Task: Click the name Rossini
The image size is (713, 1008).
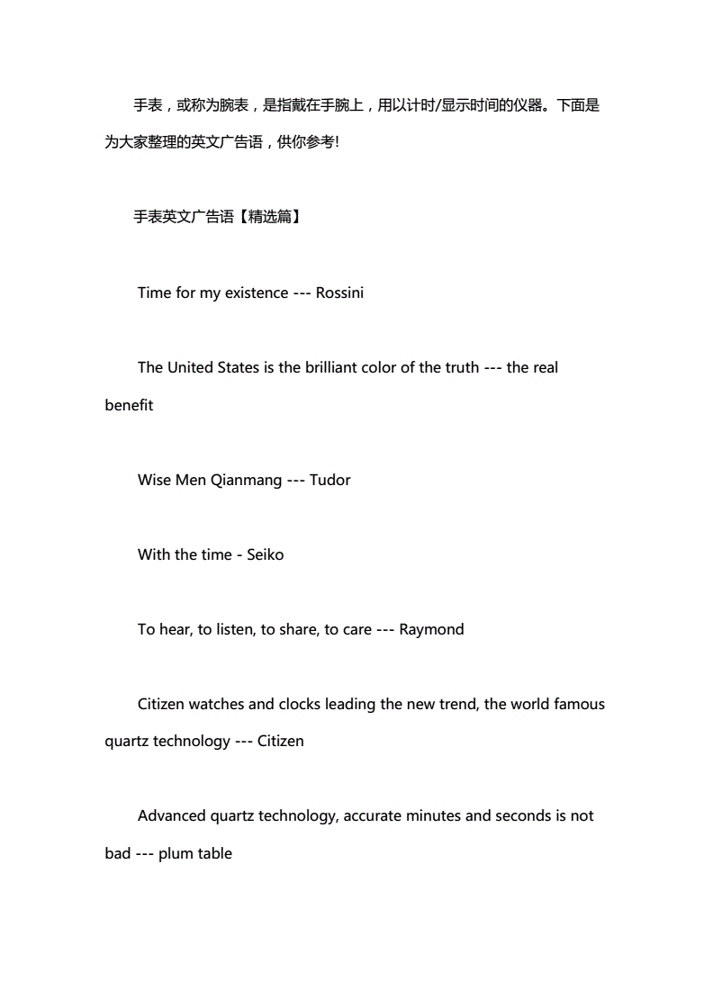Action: point(339,293)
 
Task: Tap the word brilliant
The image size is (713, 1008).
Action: point(340,368)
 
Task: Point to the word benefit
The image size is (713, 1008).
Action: point(129,405)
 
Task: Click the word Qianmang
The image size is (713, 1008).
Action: point(246,480)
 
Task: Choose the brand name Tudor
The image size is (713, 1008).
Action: point(329,480)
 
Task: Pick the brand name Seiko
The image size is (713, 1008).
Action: point(265,554)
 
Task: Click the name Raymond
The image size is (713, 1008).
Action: point(431,629)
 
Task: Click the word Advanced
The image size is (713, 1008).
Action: point(171,816)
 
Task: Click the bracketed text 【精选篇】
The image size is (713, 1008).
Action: point(268,218)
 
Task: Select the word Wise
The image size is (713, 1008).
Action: point(154,480)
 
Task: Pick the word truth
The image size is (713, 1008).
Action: point(461,368)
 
